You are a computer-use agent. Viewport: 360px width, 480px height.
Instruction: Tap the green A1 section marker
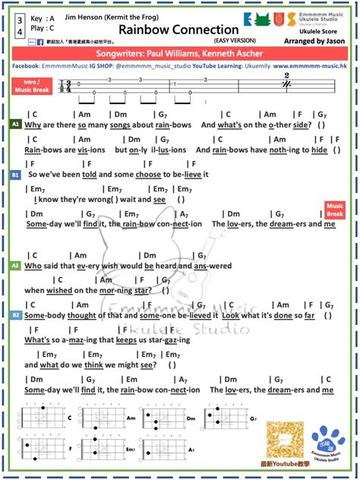(x=15, y=123)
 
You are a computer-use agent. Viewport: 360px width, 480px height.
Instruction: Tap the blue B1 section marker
(x=15, y=174)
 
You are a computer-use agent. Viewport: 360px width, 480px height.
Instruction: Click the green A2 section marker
(x=15, y=266)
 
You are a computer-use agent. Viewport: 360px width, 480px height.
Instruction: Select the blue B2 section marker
(x=15, y=314)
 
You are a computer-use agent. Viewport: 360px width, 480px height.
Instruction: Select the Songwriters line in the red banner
(x=180, y=54)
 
